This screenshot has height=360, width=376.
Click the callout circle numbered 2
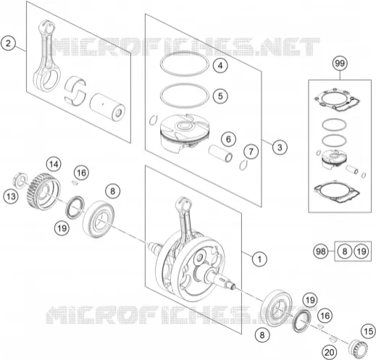[8, 43]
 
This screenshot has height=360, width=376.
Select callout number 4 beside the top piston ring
[220, 65]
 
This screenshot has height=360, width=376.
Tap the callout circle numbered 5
[220, 96]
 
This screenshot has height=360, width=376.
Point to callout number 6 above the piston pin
[228, 139]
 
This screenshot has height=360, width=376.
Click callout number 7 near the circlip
[251, 151]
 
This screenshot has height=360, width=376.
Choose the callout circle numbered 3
[280, 147]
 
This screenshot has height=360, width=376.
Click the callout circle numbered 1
[259, 259]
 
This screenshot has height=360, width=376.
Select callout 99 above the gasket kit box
[340, 64]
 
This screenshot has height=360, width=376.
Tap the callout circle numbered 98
[321, 251]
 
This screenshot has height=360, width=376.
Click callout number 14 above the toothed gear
[54, 164]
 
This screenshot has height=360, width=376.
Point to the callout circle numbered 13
[11, 196]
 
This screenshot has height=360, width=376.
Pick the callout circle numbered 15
[369, 331]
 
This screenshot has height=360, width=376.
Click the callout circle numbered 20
[330, 353]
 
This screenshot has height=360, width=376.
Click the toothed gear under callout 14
[43, 191]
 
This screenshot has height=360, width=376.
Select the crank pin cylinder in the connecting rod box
[107, 107]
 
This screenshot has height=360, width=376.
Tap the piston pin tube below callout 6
[220, 154]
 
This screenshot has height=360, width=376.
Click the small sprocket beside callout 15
[358, 349]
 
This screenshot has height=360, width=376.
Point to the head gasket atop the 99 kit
[337, 100]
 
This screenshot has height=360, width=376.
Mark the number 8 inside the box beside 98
[345, 251]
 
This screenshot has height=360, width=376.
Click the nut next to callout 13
[20, 180]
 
